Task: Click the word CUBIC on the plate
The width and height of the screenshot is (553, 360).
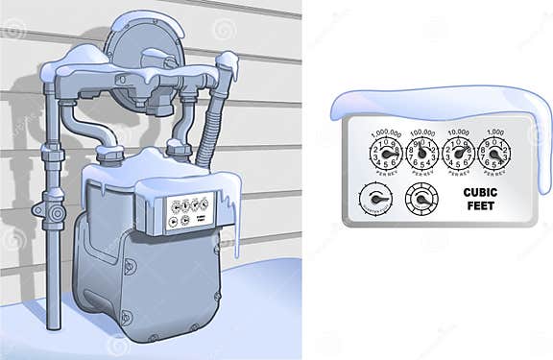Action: [x=480, y=192]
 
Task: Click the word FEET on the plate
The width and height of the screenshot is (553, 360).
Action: [x=480, y=205]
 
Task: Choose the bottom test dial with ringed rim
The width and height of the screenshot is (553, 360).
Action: [x=420, y=199]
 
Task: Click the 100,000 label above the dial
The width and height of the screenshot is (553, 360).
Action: [x=422, y=132]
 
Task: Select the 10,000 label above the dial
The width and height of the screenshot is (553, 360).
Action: [x=458, y=132]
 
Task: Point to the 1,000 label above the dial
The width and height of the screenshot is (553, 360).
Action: [x=493, y=132]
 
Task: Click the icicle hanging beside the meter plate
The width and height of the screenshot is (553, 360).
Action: [x=234, y=226]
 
